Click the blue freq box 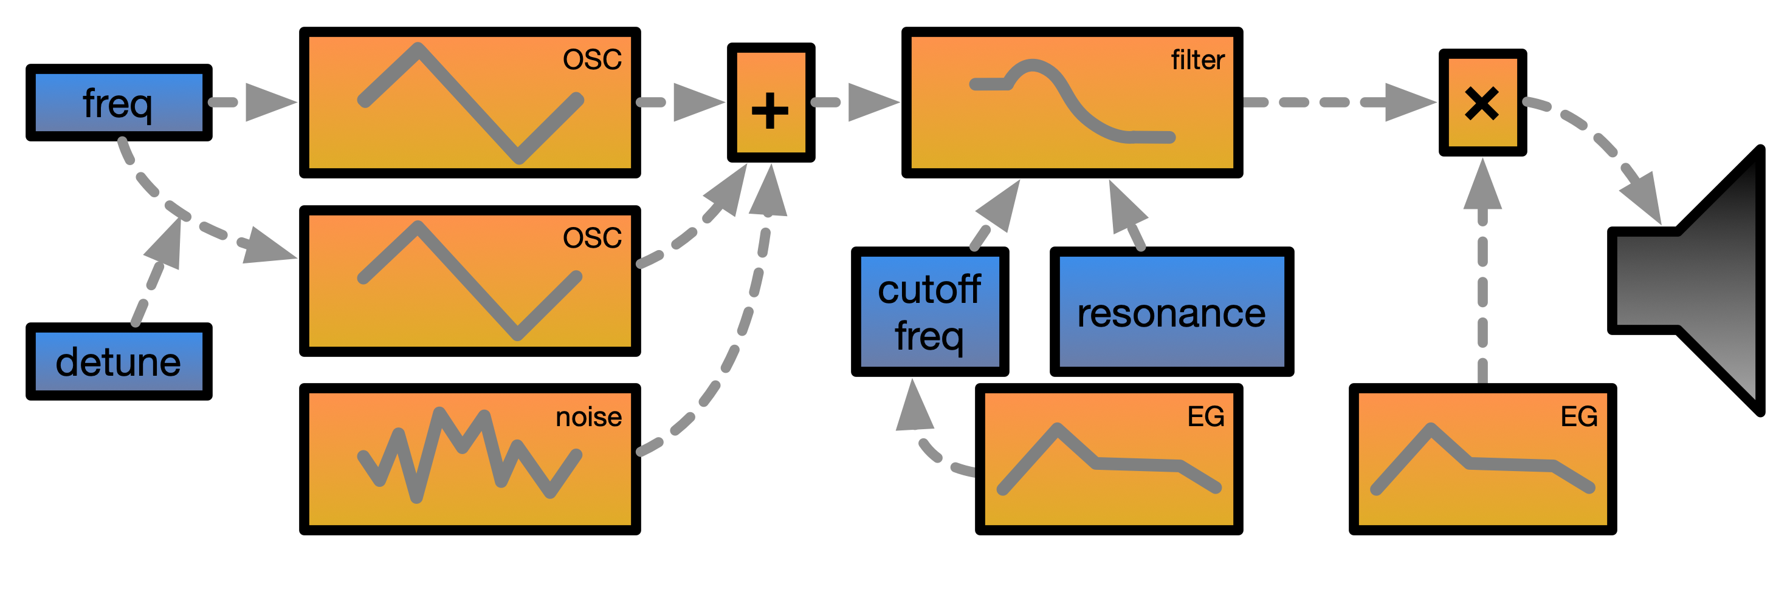(x=119, y=103)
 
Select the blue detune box (x=119, y=361)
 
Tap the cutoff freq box (x=930, y=312)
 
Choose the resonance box (x=1172, y=312)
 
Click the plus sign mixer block (x=771, y=103)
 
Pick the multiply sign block (x=1482, y=103)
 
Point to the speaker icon (x=1696, y=281)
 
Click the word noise (x=588, y=416)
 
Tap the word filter (x=1197, y=61)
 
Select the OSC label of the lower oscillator (x=592, y=238)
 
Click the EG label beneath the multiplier (x=1578, y=416)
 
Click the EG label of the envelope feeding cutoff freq (x=1206, y=416)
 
